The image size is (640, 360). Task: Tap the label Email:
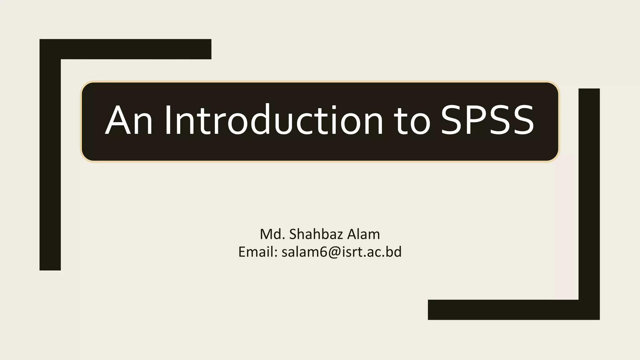[258, 252]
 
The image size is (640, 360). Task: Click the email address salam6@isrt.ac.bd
[341, 252]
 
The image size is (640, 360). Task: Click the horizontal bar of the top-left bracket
[134, 49]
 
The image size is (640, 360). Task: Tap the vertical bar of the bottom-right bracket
[589, 194]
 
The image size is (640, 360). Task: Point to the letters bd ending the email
[394, 252]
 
